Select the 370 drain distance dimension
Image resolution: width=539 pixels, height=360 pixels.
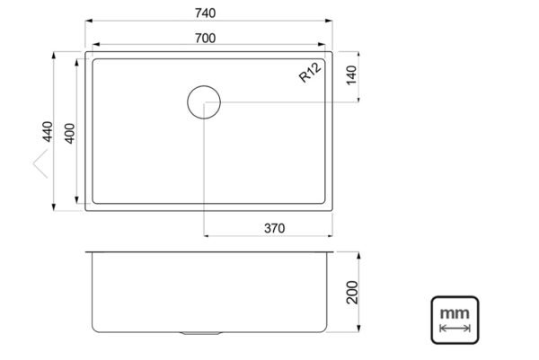click(274, 228)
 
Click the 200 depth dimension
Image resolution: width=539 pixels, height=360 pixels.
click(351, 293)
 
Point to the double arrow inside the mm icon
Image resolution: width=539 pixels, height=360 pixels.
click(455, 329)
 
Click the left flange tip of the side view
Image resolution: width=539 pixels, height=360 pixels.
click(87, 252)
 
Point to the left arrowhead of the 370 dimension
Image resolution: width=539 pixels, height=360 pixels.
click(208, 236)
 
